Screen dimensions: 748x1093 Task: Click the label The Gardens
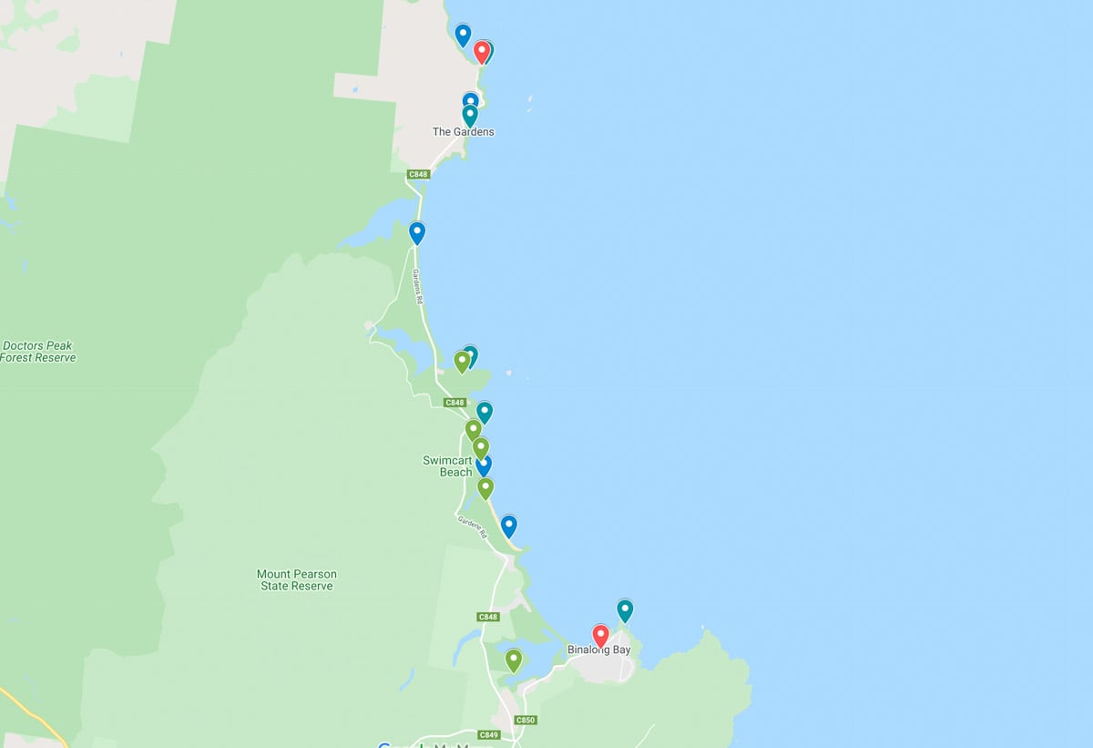463,132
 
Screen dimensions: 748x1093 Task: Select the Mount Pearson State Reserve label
296,579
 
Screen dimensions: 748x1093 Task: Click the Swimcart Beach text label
447,466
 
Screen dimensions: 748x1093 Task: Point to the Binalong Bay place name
598,651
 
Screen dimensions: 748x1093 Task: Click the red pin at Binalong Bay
600,634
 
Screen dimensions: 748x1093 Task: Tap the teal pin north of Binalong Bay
625,609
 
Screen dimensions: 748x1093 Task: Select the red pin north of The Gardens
481,51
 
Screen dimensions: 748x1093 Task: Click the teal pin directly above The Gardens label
470,115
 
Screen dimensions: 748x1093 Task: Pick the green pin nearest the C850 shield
514,659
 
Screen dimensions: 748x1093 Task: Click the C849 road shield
489,734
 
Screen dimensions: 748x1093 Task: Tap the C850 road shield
526,720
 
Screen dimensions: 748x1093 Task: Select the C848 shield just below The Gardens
418,174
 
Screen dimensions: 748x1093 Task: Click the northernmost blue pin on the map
463,35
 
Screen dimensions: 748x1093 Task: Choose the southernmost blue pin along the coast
509,525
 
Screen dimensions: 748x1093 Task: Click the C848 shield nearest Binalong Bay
488,617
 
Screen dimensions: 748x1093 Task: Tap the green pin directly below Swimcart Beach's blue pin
485,487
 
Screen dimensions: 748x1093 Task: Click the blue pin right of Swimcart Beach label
484,465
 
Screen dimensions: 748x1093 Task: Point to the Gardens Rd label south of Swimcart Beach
471,528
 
